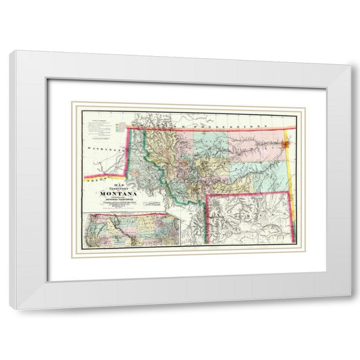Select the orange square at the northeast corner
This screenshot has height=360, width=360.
[x=288, y=143]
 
